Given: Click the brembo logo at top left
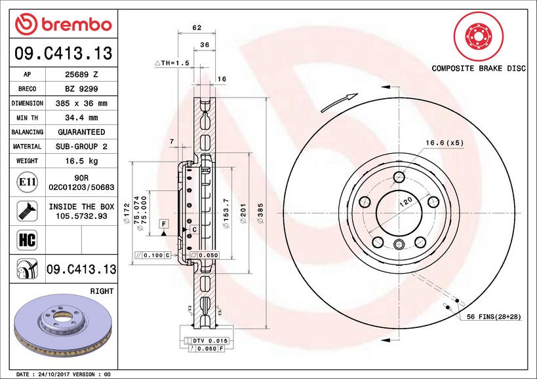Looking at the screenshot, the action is pyautogui.click(x=64, y=24).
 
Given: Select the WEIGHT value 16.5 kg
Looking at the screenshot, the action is pyautogui.click(x=81, y=161).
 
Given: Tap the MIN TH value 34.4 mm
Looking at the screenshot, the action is pyautogui.click(x=81, y=118).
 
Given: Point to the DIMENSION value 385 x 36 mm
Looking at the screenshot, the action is pyautogui.click(x=81, y=103).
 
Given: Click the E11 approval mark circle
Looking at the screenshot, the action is pyautogui.click(x=27, y=182).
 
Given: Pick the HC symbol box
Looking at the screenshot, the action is pyautogui.click(x=27, y=240).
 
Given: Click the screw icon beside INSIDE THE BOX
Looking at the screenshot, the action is pyautogui.click(x=27, y=211).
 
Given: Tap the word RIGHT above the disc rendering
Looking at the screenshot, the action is pyautogui.click(x=102, y=291).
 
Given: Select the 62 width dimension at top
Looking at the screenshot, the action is pyautogui.click(x=197, y=27).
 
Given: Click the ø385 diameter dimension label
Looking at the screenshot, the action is pyautogui.click(x=260, y=213).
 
